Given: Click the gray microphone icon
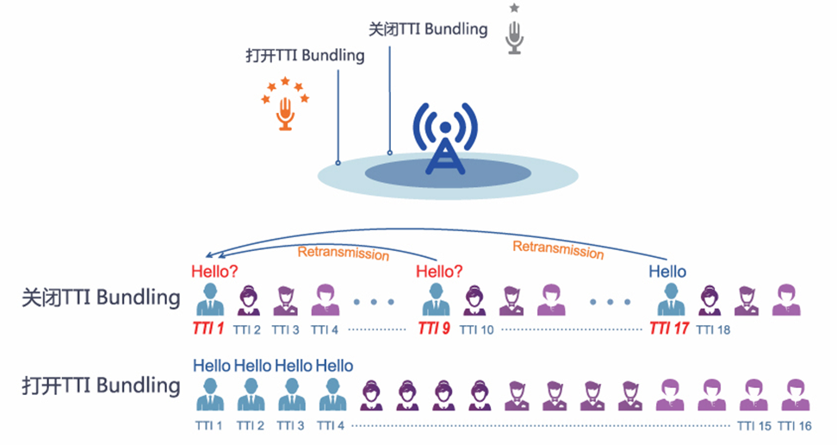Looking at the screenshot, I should pos(514,37).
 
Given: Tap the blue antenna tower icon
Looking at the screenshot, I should pos(444,139).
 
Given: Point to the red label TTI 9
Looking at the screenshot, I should pos(433,329).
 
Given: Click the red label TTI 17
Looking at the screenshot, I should pos(669,329).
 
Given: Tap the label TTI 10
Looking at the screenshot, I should pos(477,329).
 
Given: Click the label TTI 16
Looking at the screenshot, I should pos(795,425).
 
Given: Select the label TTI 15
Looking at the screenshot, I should pos(754,425).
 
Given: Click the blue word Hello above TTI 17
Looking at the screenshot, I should pos(667,272).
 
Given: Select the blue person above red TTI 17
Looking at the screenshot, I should pos(668,301).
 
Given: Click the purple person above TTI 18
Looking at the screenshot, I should pos(710,301).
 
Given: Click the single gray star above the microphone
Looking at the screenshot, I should pos(514,8).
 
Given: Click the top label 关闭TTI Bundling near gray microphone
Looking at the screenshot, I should pos(428,28).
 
